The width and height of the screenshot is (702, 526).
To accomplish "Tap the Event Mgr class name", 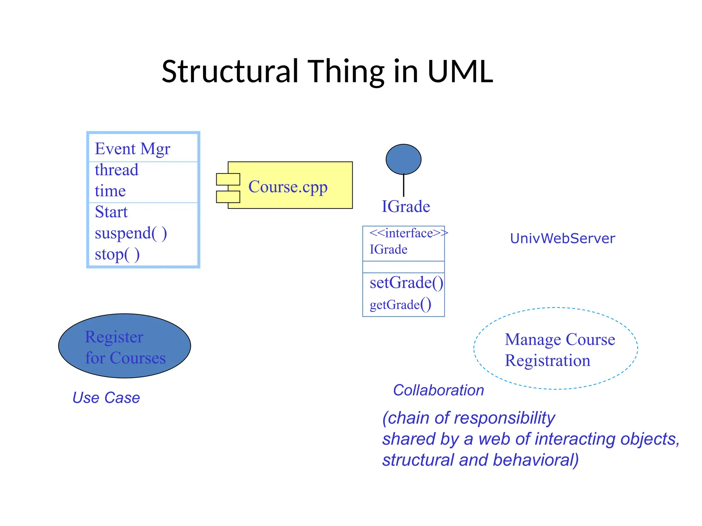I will click(x=132, y=149).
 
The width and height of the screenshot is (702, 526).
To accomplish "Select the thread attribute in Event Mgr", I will click(x=117, y=170).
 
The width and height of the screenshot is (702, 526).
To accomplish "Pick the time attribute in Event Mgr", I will click(x=110, y=191).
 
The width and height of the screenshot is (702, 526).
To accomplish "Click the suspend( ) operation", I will click(x=131, y=233).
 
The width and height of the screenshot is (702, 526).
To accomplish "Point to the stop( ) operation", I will click(x=117, y=254).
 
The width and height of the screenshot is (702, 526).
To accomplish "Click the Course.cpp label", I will click(x=288, y=187).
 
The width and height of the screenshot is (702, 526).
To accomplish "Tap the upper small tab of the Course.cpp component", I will click(x=228, y=179).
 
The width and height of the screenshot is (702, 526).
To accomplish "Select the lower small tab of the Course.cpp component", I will click(x=228, y=197).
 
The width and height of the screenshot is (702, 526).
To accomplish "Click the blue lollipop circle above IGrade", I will click(x=403, y=159).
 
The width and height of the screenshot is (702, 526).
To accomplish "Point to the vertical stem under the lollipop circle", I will click(x=403, y=185).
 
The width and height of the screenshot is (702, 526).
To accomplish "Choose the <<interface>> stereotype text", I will click(x=408, y=233).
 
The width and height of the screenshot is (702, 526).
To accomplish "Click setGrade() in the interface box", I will click(x=406, y=283).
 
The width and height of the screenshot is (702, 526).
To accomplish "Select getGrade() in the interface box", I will click(x=400, y=304).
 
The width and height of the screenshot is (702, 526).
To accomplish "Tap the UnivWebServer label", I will click(x=562, y=238).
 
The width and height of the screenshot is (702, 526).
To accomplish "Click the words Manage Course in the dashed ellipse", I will click(x=560, y=339).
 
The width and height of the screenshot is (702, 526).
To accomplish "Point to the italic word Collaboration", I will click(x=438, y=390).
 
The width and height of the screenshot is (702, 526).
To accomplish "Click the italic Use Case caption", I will click(x=106, y=398).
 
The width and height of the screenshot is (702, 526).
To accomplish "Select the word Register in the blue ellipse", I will click(x=114, y=337).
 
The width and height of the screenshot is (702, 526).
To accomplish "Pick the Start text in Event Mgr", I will click(x=111, y=212).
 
